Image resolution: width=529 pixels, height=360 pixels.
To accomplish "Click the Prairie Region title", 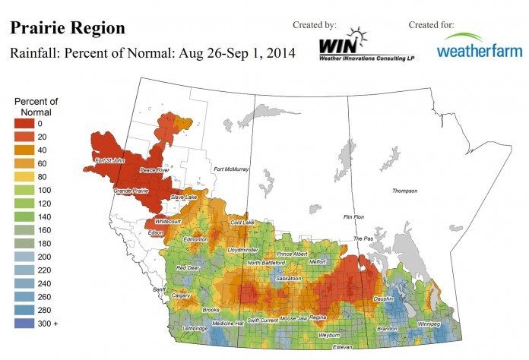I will [x=67, y=29].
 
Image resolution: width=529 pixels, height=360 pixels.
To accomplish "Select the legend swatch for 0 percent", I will [x=24, y=124].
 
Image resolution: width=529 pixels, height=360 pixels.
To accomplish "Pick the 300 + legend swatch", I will [x=24, y=324].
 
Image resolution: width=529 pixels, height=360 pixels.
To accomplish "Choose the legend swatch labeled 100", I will [x=24, y=191].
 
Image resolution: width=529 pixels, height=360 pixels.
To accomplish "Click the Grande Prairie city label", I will [x=131, y=190].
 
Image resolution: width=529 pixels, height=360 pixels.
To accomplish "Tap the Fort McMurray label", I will [x=232, y=169].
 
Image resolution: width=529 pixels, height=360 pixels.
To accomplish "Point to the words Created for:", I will [x=431, y=25].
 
